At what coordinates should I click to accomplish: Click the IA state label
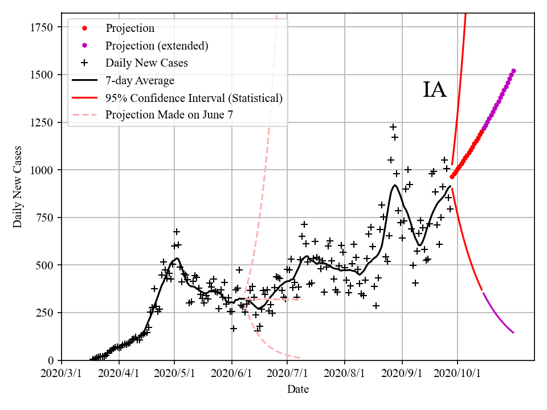[x=435, y=91]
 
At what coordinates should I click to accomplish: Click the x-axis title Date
[x=298, y=389]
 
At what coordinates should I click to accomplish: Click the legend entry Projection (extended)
[x=157, y=46]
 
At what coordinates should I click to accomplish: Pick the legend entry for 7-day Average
[x=140, y=80]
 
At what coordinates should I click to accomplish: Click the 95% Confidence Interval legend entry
[x=194, y=98]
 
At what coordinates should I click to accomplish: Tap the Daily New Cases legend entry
[x=146, y=63]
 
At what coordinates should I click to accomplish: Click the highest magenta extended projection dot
[x=513, y=71]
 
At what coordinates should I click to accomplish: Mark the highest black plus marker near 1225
[x=393, y=127]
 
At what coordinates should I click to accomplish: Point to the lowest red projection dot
[x=452, y=177]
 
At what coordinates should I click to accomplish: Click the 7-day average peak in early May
[x=177, y=259]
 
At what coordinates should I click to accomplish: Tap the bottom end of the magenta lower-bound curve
[x=513, y=333]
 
